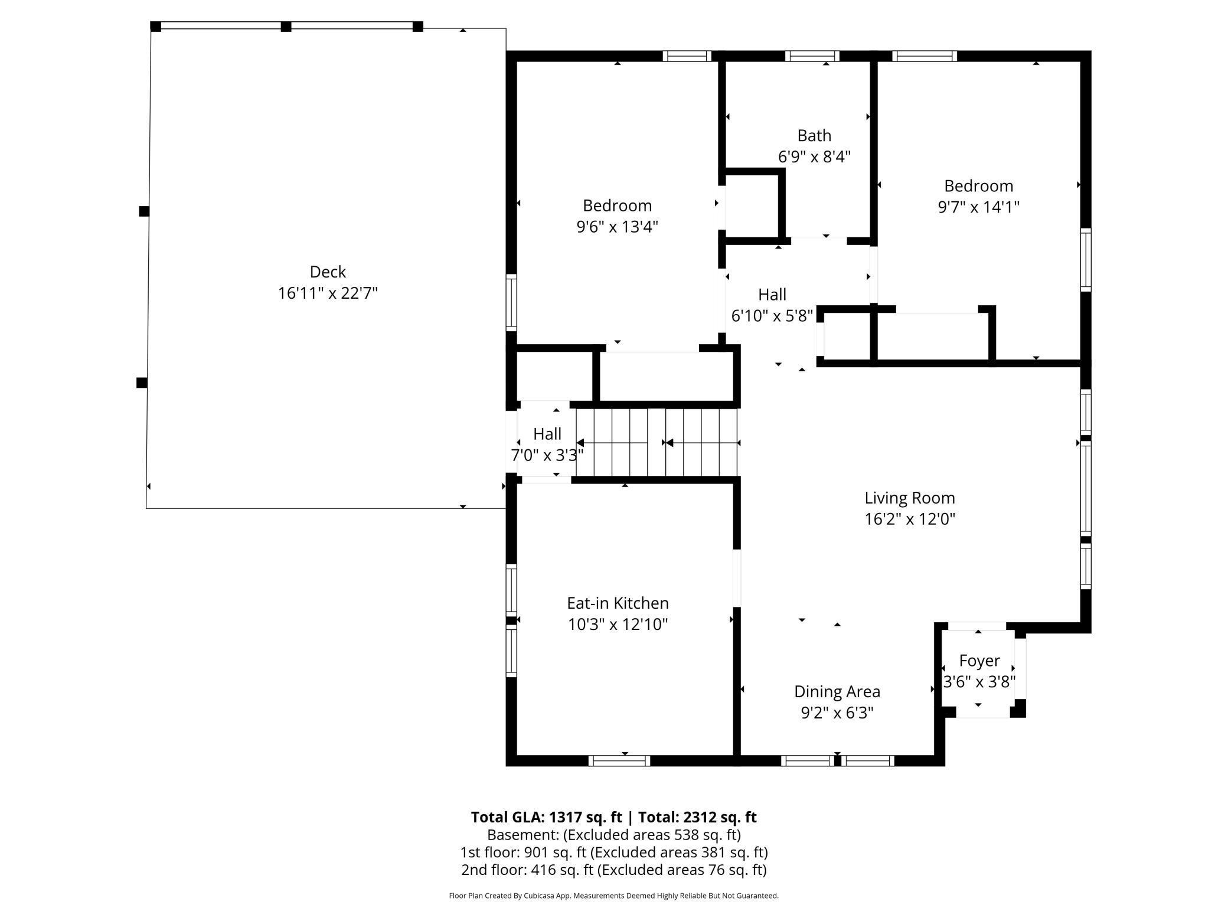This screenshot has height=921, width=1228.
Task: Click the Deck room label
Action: pos(328,272)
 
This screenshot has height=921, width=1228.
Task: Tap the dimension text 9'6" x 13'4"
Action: pos(617,227)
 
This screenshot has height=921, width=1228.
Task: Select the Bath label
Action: pos(814,136)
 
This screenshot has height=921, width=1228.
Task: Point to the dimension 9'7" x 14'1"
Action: pos(978,207)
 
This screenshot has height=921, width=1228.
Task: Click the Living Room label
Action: pos(909,498)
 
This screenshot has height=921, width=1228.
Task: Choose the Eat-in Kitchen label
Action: pos(618,603)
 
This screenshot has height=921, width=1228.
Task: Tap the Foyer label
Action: pos(979,660)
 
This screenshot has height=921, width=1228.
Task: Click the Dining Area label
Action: pos(837,691)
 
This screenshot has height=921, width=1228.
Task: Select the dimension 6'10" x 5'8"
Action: pos(772,316)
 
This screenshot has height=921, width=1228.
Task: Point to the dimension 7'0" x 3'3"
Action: pos(547,455)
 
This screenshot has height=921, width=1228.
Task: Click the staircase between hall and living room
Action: pos(657,442)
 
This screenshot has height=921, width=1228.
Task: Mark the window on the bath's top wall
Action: pos(812,56)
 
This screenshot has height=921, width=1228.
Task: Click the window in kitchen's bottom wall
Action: pos(619,761)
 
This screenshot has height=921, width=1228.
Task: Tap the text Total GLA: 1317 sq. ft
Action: pos(546,817)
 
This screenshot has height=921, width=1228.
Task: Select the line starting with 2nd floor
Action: pos(613,870)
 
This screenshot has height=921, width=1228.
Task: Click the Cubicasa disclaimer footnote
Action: pos(613,896)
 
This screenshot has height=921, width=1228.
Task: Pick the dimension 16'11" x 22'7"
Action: pos(328,293)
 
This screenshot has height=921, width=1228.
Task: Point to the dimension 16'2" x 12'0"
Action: pos(909,519)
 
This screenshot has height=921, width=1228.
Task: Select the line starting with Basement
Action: pos(613,835)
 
